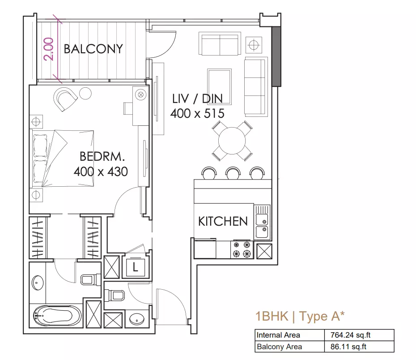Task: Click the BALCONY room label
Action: coord(93,49)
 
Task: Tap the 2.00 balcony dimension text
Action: coord(49,49)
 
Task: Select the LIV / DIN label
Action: coord(197,99)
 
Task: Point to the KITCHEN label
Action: coord(223,221)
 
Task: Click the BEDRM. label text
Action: coord(102,157)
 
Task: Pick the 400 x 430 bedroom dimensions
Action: coord(101,172)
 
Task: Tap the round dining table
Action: coord(232,141)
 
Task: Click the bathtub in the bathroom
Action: coord(57,316)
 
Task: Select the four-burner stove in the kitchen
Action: coord(242,249)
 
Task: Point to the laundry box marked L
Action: coord(135,267)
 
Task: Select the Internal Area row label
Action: coord(278,335)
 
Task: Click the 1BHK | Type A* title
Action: coord(300,316)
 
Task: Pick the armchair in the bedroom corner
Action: coord(65,99)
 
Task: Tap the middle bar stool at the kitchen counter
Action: coord(233,173)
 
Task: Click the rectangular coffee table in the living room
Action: coord(220,87)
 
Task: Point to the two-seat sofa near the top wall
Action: coord(220,44)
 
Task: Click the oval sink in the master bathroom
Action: coord(38,283)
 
